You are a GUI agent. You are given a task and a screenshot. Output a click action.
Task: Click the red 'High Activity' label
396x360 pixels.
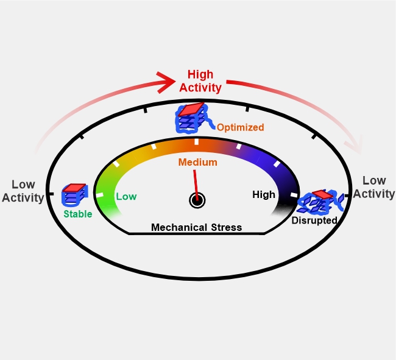200,81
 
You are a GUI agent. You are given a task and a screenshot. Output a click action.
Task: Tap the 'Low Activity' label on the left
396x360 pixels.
23,191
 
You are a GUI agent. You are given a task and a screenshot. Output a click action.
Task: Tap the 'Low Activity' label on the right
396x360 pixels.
374,188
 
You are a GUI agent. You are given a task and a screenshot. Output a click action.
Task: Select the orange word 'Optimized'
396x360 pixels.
241,127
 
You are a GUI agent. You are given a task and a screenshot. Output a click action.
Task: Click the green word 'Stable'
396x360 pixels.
78,214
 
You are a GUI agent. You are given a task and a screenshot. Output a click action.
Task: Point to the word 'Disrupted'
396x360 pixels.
314,221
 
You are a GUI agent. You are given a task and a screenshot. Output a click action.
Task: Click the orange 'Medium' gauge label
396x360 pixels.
198,162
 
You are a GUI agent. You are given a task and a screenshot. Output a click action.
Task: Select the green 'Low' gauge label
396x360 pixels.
126,196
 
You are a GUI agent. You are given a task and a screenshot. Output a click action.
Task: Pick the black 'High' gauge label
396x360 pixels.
264,195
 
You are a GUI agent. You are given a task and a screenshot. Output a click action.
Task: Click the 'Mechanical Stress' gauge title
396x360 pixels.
197,227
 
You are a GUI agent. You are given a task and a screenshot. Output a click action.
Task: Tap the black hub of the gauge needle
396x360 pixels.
197,200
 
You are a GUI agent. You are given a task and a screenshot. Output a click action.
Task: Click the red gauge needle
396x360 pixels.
196,185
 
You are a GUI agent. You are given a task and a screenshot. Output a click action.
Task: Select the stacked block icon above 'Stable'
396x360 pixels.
75,194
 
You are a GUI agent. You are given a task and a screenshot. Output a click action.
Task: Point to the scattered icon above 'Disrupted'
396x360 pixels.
320,202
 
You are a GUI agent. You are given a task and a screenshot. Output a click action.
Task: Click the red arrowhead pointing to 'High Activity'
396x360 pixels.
166,82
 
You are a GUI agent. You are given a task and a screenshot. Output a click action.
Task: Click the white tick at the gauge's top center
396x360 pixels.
197,142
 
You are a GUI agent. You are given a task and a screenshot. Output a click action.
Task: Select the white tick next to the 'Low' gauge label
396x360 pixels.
100,195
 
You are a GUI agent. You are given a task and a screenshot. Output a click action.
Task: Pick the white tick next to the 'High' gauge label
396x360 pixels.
294,195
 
